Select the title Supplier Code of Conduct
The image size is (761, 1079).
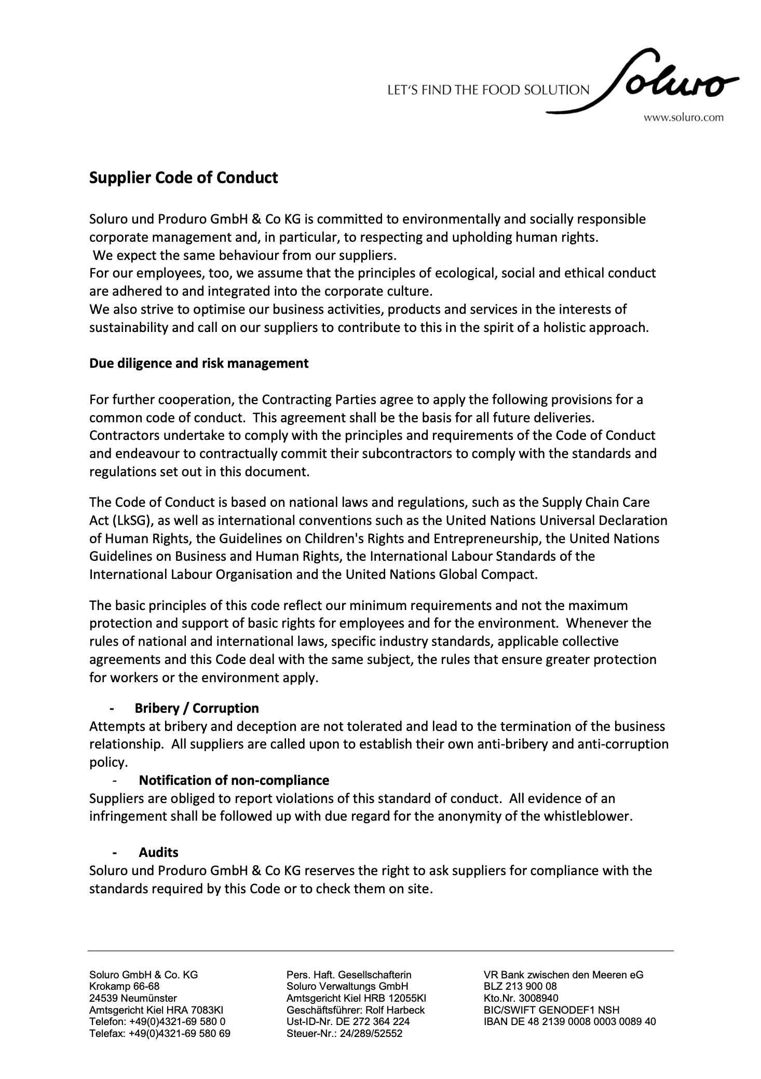pos(184,178)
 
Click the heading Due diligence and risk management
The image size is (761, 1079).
pos(199,363)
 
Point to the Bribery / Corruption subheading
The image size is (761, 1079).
pos(197,708)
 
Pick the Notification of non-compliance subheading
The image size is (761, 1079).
pos(234,780)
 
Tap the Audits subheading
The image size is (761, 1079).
pos(158,852)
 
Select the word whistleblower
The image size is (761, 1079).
pos(588,817)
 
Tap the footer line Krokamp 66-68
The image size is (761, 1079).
pos(125,986)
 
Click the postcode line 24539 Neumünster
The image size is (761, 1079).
pos(133,998)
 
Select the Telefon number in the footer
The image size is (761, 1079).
pos(157,1021)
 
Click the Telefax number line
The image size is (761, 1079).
pos(159,1033)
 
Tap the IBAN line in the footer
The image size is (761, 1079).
pos(569,1021)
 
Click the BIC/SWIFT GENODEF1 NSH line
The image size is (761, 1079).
pos(551,1010)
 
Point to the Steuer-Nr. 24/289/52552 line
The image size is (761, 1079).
pos(344,1033)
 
